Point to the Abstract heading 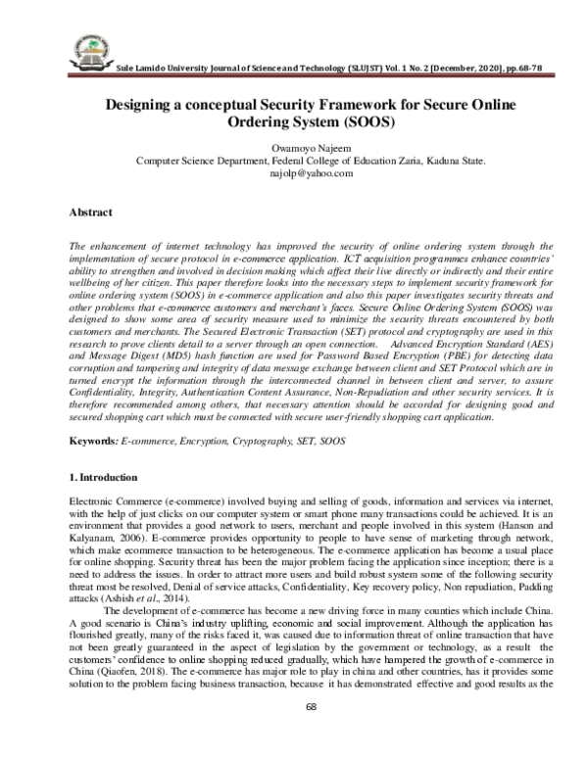(x=90, y=212)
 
